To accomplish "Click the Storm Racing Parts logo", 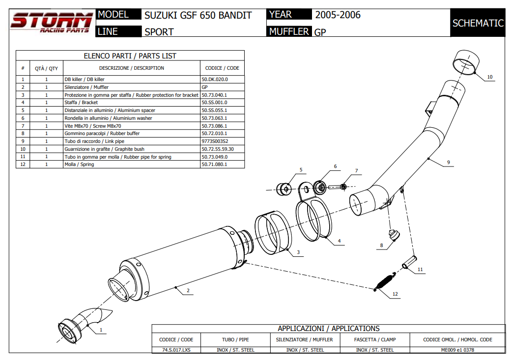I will coord(51,23).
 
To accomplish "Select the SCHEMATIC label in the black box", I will coord(478,23).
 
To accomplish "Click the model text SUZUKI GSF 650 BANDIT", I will coord(198,15).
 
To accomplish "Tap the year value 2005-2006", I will coord(338,15).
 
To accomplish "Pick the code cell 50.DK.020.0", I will coord(215,79).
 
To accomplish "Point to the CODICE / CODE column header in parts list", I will coord(222,68).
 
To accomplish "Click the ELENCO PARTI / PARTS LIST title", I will coord(130,56).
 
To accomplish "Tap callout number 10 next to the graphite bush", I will coord(489,77).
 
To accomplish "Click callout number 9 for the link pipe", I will coord(448,162).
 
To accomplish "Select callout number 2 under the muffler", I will coord(188,291).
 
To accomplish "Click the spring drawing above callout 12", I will coord(384,282).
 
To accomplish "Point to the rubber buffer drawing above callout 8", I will coord(393,235).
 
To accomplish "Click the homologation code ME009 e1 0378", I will coord(457,350).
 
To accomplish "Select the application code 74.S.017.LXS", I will coord(176,350).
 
